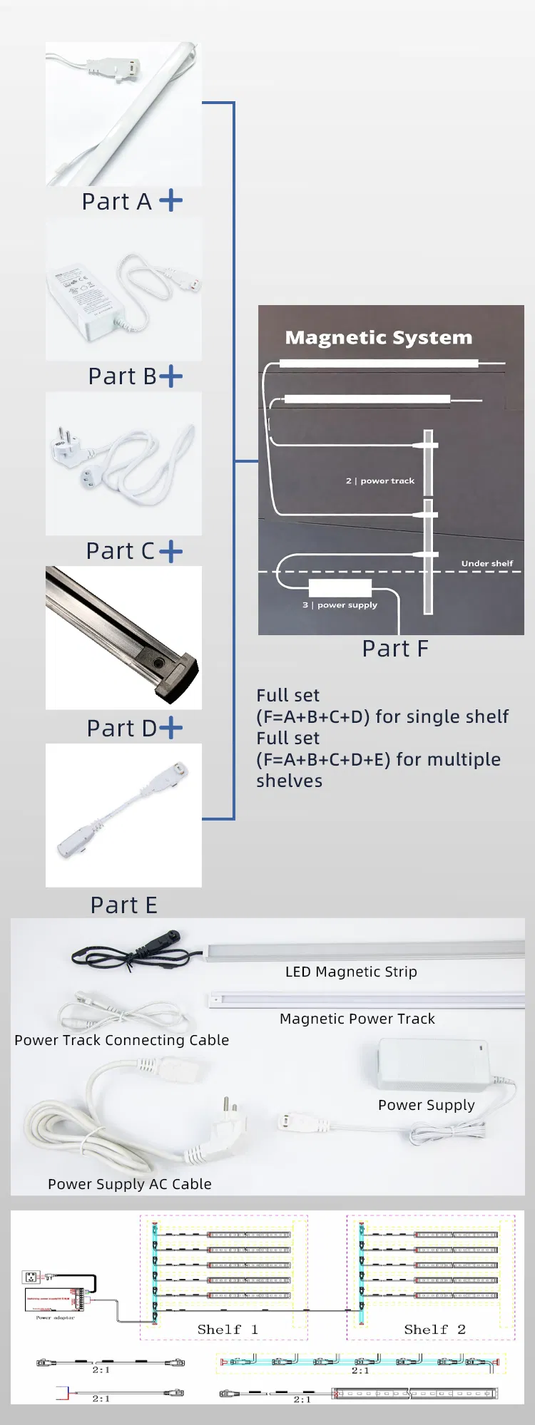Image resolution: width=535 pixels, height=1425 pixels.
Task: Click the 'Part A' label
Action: click(116, 202)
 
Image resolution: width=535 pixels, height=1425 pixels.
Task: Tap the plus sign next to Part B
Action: click(171, 376)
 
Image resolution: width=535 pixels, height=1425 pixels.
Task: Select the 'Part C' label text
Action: click(120, 551)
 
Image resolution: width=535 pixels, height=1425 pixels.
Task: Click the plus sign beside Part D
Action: click(171, 728)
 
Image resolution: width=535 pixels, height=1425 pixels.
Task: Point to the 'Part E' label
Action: click(123, 905)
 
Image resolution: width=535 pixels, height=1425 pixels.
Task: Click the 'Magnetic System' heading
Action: click(378, 337)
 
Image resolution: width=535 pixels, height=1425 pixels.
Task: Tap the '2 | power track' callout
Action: click(380, 481)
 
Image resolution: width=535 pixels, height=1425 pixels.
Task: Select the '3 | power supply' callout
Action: click(340, 605)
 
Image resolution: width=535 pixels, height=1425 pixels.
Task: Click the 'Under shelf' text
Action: click(486, 563)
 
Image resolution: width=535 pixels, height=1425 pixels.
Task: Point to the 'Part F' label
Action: click(395, 649)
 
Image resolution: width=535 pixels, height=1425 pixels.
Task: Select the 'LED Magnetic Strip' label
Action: click(351, 972)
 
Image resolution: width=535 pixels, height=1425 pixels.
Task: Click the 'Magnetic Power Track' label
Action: click(357, 1019)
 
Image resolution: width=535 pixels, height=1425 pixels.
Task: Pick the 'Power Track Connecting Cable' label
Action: click(121, 1040)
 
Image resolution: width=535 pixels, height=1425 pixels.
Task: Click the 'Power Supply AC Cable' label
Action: click(129, 1184)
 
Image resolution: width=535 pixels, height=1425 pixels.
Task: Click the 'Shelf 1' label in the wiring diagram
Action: click(228, 1329)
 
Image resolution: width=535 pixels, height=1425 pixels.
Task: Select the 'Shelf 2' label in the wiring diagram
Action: click(434, 1329)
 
